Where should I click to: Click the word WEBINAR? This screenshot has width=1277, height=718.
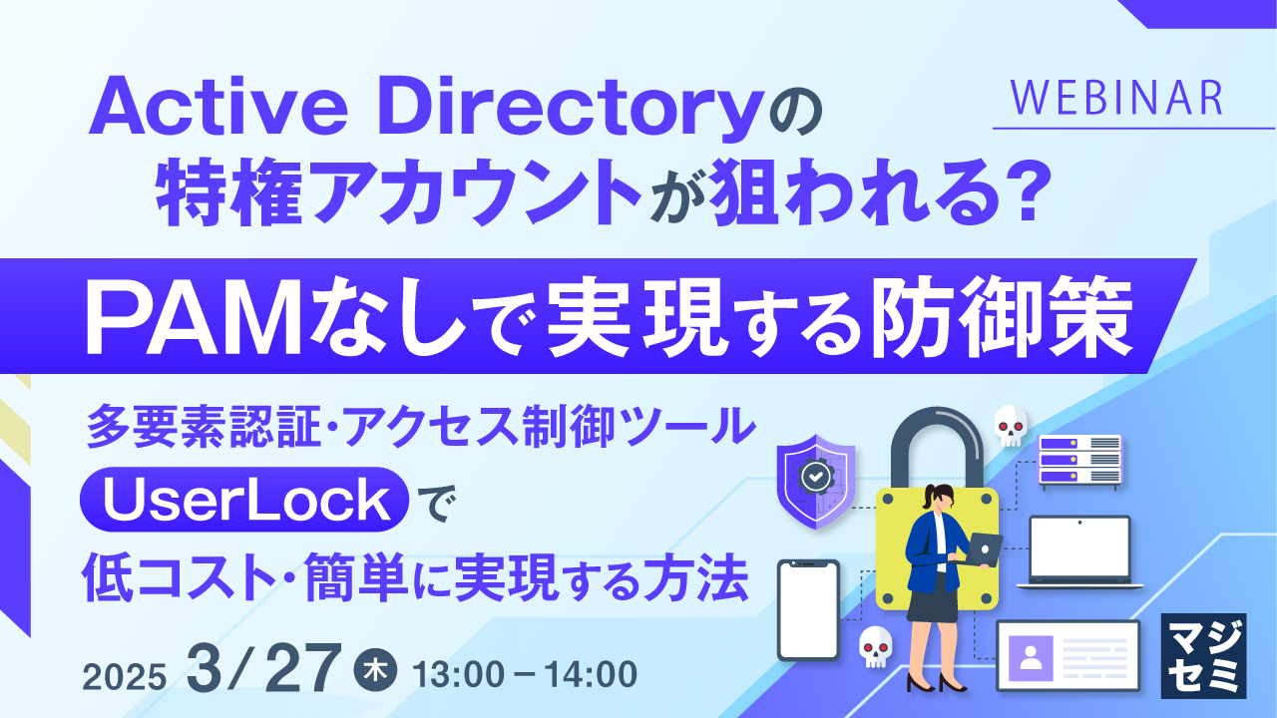(x=1115, y=98)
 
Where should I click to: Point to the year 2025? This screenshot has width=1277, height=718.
(x=125, y=676)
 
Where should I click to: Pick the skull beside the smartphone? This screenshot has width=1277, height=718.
(x=875, y=646)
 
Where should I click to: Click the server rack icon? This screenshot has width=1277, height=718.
(x=1079, y=461)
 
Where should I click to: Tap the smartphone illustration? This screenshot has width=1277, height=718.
(x=809, y=609)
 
